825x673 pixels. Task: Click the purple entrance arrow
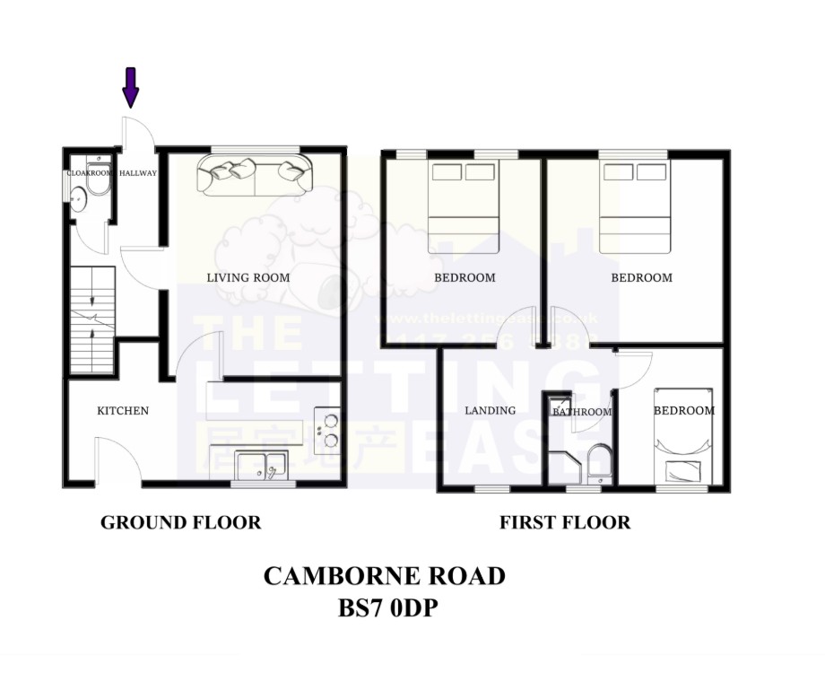[131, 87]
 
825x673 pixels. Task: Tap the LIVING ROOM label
[248, 277]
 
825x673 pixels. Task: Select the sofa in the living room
[255, 174]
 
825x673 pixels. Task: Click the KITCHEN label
[123, 411]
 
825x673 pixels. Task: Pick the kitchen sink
[260, 463]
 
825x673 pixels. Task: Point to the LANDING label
[491, 411]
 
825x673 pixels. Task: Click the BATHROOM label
[582, 413]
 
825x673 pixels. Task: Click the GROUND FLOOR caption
[180, 522]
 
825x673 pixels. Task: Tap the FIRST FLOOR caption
[565, 522]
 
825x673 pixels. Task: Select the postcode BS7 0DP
[388, 608]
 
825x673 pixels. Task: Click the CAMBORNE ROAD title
[384, 576]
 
